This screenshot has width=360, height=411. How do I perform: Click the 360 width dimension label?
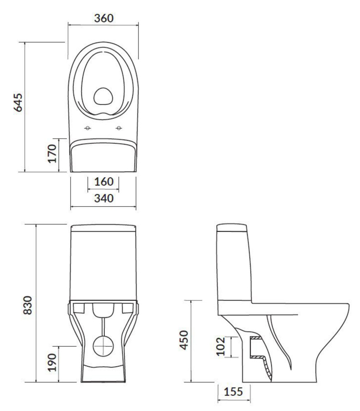pyautogui.click(x=104, y=18)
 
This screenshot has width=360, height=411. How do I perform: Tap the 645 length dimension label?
pyautogui.click(x=18, y=102)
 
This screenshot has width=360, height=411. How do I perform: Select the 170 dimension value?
pyautogui.click(x=52, y=153)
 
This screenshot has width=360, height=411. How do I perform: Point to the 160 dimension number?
pyautogui.click(x=104, y=182)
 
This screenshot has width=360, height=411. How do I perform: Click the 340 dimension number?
pyautogui.click(x=104, y=198)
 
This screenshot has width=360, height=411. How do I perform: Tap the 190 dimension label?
pyautogui.click(x=52, y=362)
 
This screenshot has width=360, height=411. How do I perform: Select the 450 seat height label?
pyautogui.click(x=184, y=340)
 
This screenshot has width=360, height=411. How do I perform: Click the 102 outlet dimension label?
pyautogui.click(x=221, y=346)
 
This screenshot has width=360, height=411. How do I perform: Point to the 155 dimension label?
pyautogui.click(x=233, y=392)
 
